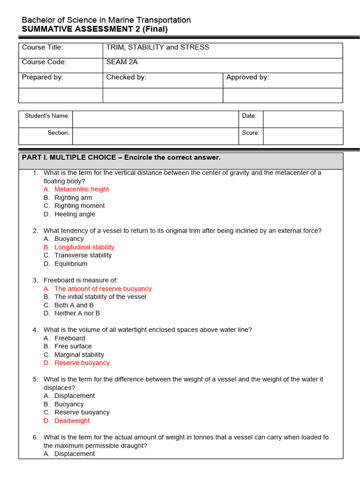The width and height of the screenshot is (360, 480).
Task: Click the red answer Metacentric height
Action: (81, 189)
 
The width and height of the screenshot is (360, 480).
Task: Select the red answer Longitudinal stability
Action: (84, 247)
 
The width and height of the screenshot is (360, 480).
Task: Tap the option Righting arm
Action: (73, 198)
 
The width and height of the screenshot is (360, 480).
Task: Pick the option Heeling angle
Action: (75, 214)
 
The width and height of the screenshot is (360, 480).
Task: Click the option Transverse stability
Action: (83, 255)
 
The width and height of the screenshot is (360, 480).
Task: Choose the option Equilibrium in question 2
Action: (71, 264)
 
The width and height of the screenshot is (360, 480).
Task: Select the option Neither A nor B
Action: (77, 313)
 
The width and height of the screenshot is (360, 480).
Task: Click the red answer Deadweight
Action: (72, 421)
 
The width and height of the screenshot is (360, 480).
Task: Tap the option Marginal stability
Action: (79, 355)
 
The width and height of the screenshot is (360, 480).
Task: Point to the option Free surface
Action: (73, 346)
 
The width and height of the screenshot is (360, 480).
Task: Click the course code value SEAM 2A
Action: (122, 62)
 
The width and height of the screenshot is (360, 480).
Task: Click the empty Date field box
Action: (302, 119)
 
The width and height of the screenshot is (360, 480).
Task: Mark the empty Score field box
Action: (302, 136)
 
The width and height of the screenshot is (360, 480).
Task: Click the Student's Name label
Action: (47, 116)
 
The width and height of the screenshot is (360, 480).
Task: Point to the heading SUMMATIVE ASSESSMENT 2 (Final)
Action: (95, 29)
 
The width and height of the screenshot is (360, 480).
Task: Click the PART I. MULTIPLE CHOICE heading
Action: (121, 157)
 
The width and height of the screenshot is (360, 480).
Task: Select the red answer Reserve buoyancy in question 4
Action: (82, 363)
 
